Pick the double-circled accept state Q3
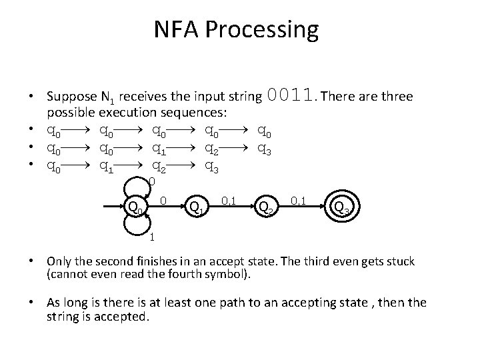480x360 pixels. (x=341, y=209)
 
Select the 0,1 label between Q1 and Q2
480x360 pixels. (x=227, y=199)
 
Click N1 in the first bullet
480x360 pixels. (x=143, y=98)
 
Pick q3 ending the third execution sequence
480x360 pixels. (x=210, y=166)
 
